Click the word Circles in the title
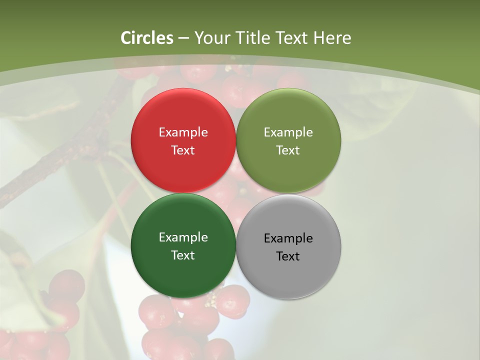(x=146, y=38)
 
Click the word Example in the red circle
(x=183, y=132)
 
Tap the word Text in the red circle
(x=183, y=150)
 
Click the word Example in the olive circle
(x=288, y=132)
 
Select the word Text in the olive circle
(x=288, y=150)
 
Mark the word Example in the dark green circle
(x=183, y=237)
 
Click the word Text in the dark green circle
(x=183, y=255)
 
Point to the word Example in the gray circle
(x=288, y=238)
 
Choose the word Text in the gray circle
(x=288, y=256)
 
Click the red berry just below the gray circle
(x=232, y=302)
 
